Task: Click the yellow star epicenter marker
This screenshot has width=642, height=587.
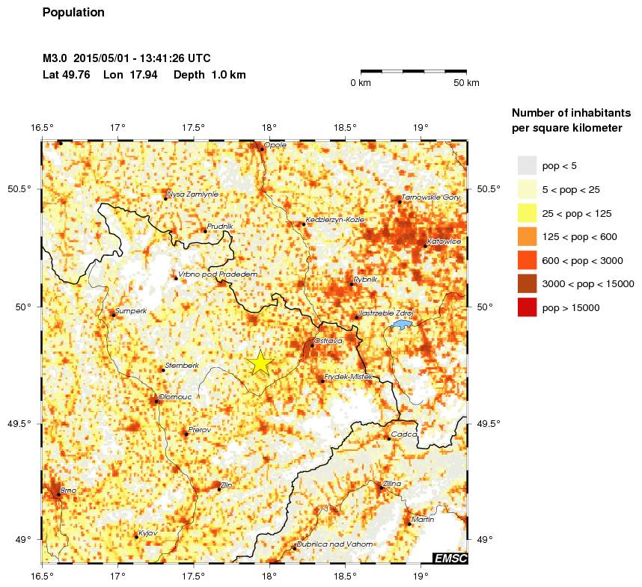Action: click(260, 362)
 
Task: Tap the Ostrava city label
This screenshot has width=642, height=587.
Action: click(328, 340)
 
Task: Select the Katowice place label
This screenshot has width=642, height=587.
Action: click(444, 242)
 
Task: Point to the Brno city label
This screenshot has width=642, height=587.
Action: click(68, 490)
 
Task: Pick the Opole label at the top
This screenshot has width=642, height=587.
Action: click(275, 144)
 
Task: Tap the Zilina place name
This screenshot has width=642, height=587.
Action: click(392, 483)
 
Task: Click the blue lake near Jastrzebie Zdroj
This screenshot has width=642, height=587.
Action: click(403, 325)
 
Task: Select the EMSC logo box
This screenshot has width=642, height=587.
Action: click(450, 558)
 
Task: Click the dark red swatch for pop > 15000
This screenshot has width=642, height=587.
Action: click(527, 307)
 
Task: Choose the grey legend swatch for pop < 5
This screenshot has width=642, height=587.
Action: click(527, 166)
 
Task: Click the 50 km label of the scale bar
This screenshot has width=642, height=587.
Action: click(466, 82)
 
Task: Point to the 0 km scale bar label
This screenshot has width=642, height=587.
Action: click(361, 82)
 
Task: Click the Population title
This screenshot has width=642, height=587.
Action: click(73, 13)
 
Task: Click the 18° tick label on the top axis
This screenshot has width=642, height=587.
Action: click(269, 126)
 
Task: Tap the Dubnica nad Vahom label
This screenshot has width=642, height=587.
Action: click(334, 544)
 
